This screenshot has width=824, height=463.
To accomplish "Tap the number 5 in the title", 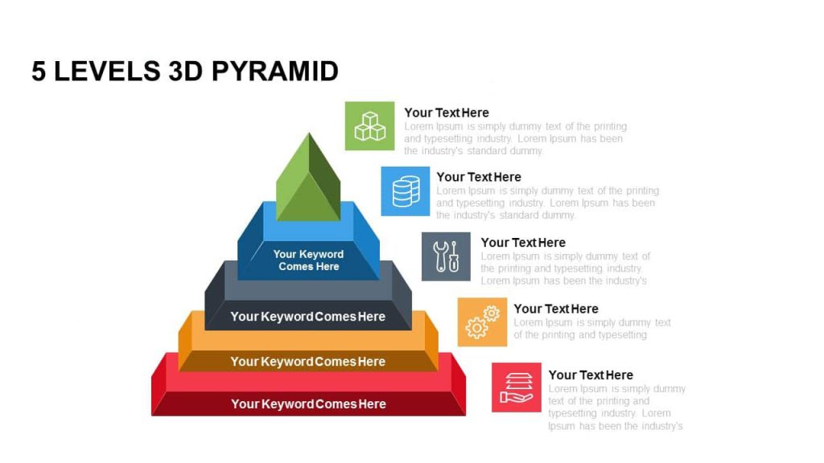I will (x=39, y=72).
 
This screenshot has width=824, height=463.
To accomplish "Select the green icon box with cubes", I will (x=369, y=126).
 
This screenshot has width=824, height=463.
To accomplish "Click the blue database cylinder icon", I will (x=406, y=191).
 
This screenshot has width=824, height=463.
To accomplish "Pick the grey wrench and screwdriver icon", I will (x=446, y=256).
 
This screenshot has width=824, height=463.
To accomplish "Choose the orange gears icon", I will (x=482, y=322).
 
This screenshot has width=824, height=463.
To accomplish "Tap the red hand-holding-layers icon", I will (x=517, y=387).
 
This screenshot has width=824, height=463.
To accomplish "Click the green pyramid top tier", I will (x=308, y=178).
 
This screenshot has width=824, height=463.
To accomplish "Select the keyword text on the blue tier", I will (x=308, y=260).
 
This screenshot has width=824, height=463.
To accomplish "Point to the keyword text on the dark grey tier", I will (x=308, y=317).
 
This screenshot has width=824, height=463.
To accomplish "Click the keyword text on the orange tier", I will (x=308, y=362).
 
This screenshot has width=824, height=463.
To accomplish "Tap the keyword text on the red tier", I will (x=308, y=404).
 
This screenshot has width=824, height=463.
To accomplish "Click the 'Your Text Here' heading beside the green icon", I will (x=447, y=113).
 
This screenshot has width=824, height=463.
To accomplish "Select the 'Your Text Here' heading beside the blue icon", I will (x=479, y=177).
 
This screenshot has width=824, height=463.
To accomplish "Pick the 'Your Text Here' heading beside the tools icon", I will (x=523, y=243).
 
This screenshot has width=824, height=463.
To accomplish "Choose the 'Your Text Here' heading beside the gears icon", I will (x=556, y=309).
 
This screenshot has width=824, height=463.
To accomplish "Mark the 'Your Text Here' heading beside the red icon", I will (x=591, y=375).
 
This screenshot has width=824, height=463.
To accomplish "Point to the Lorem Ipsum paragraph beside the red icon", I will (x=616, y=408).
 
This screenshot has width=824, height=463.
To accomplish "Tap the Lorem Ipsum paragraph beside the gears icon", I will (x=591, y=329).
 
